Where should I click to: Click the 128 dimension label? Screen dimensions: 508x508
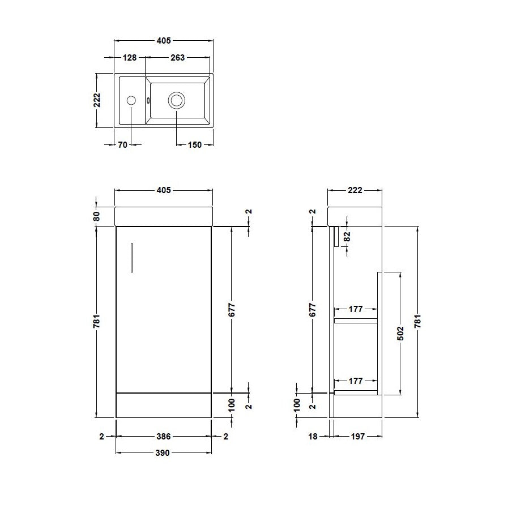point(129,57)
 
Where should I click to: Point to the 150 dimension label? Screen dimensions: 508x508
point(194,145)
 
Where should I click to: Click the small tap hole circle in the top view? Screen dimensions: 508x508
point(131,101)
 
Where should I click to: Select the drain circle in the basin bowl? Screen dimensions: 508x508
point(176,101)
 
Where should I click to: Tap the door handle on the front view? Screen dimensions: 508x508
point(131,258)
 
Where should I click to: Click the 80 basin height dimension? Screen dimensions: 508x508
point(96,216)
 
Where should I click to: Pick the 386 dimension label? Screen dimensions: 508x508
point(163,436)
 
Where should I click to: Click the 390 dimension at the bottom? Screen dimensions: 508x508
point(163,453)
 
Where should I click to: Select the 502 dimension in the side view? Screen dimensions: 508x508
point(400,333)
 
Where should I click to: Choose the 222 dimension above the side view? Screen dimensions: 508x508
point(355,190)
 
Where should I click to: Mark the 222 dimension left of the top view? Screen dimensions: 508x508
point(97,100)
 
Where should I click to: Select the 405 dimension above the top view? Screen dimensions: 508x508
point(163,41)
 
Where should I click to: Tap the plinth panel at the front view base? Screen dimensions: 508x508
point(163,405)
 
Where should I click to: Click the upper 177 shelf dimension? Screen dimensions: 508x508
point(355,309)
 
